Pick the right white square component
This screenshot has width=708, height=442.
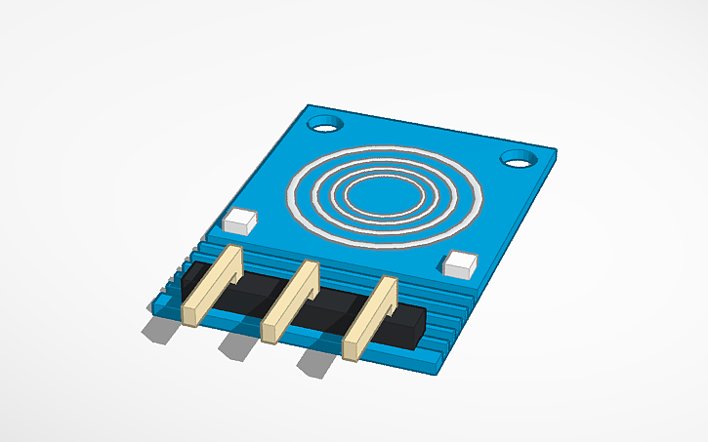[x=459, y=263]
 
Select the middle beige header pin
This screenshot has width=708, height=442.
[x=291, y=301]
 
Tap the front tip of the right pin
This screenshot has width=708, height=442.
[x=351, y=348]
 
